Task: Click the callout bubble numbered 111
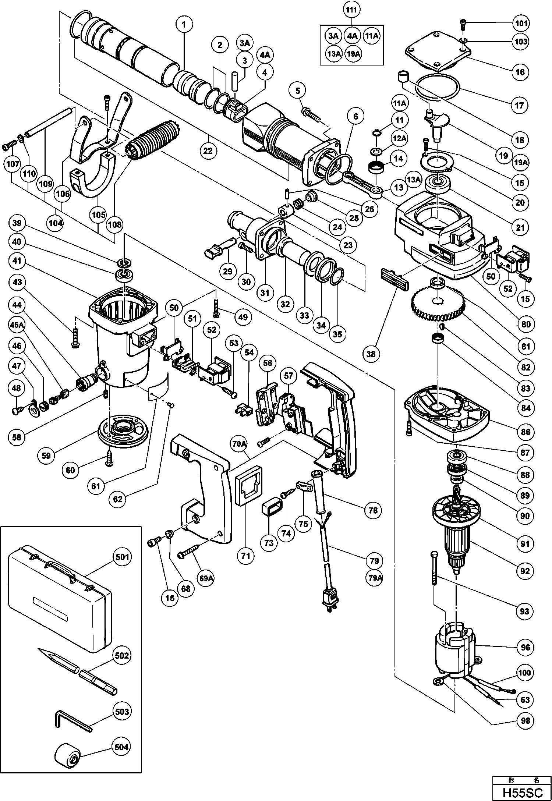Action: [351, 10]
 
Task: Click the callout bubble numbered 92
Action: [525, 571]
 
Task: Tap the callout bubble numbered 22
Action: [208, 151]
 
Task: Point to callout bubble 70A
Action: [239, 444]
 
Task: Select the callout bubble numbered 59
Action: [46, 456]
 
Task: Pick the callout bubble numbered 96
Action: [525, 647]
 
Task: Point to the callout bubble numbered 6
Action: [355, 117]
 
